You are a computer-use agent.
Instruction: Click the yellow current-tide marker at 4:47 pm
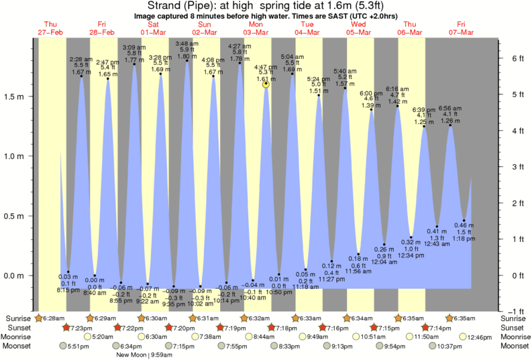point(266,84)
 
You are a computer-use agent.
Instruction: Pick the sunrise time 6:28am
point(54,318)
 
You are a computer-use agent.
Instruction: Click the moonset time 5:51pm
point(79,346)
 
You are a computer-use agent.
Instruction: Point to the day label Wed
point(359,23)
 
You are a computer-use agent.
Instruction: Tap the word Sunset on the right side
point(515,327)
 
